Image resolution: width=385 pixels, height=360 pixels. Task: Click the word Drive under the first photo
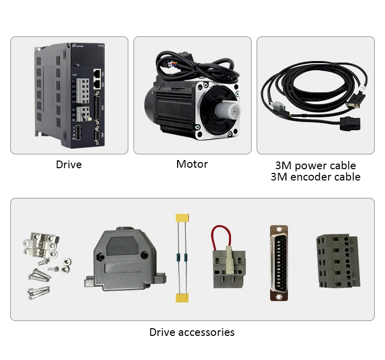pos(69,165)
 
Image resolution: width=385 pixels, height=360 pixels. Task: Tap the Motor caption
pos(192,164)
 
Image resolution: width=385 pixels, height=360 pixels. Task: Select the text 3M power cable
pos(315,166)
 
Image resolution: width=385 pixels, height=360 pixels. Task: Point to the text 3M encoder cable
pos(315,177)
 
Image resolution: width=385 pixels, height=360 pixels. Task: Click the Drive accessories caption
pos(192,332)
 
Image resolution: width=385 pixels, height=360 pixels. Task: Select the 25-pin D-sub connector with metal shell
pos(279,263)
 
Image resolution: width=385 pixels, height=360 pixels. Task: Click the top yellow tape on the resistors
pos(180,219)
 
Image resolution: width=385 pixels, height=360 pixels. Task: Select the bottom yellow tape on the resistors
pos(181,298)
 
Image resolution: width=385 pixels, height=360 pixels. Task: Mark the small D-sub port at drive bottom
pos(97,135)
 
